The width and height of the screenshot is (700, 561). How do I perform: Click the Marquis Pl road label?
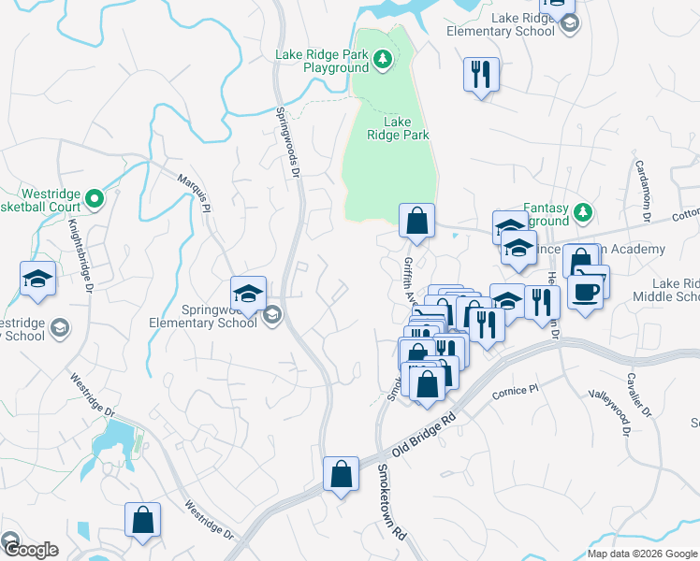point(194,190)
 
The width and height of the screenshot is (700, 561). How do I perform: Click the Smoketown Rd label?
point(392,502)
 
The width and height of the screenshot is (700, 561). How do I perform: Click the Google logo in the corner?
point(31,550)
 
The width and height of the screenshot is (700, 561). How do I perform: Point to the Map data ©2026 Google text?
point(641,554)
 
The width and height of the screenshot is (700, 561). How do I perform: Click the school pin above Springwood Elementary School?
point(250,294)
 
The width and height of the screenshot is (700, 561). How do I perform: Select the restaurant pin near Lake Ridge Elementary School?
point(481,74)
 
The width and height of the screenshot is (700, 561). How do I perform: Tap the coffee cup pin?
point(585,292)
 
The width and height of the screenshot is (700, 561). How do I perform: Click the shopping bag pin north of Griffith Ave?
point(417,222)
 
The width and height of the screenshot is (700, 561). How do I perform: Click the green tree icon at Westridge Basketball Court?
point(95,198)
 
